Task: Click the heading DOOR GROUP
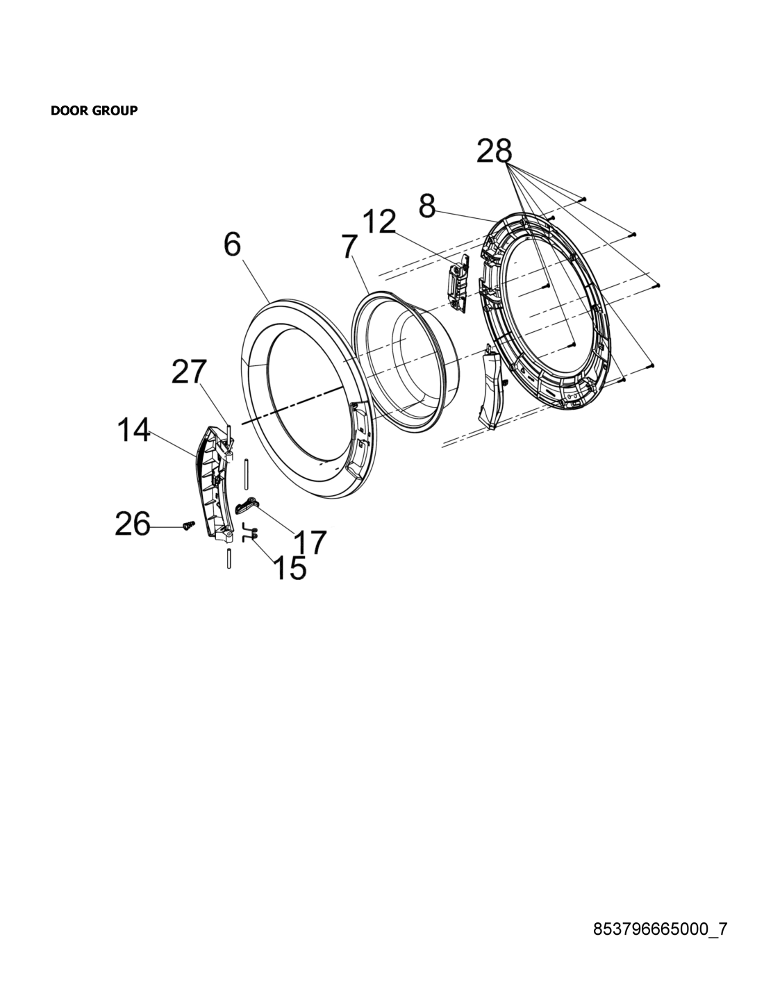pos(94,110)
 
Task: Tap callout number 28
pos(494,151)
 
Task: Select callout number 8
pos(427,206)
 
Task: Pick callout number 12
pos(379,222)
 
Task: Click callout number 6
pos(232,244)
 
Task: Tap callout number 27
pos(190,372)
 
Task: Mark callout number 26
pos(133,524)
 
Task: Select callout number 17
pos(310,542)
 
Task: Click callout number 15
pos(290,567)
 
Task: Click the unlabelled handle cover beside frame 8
pos(492,386)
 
